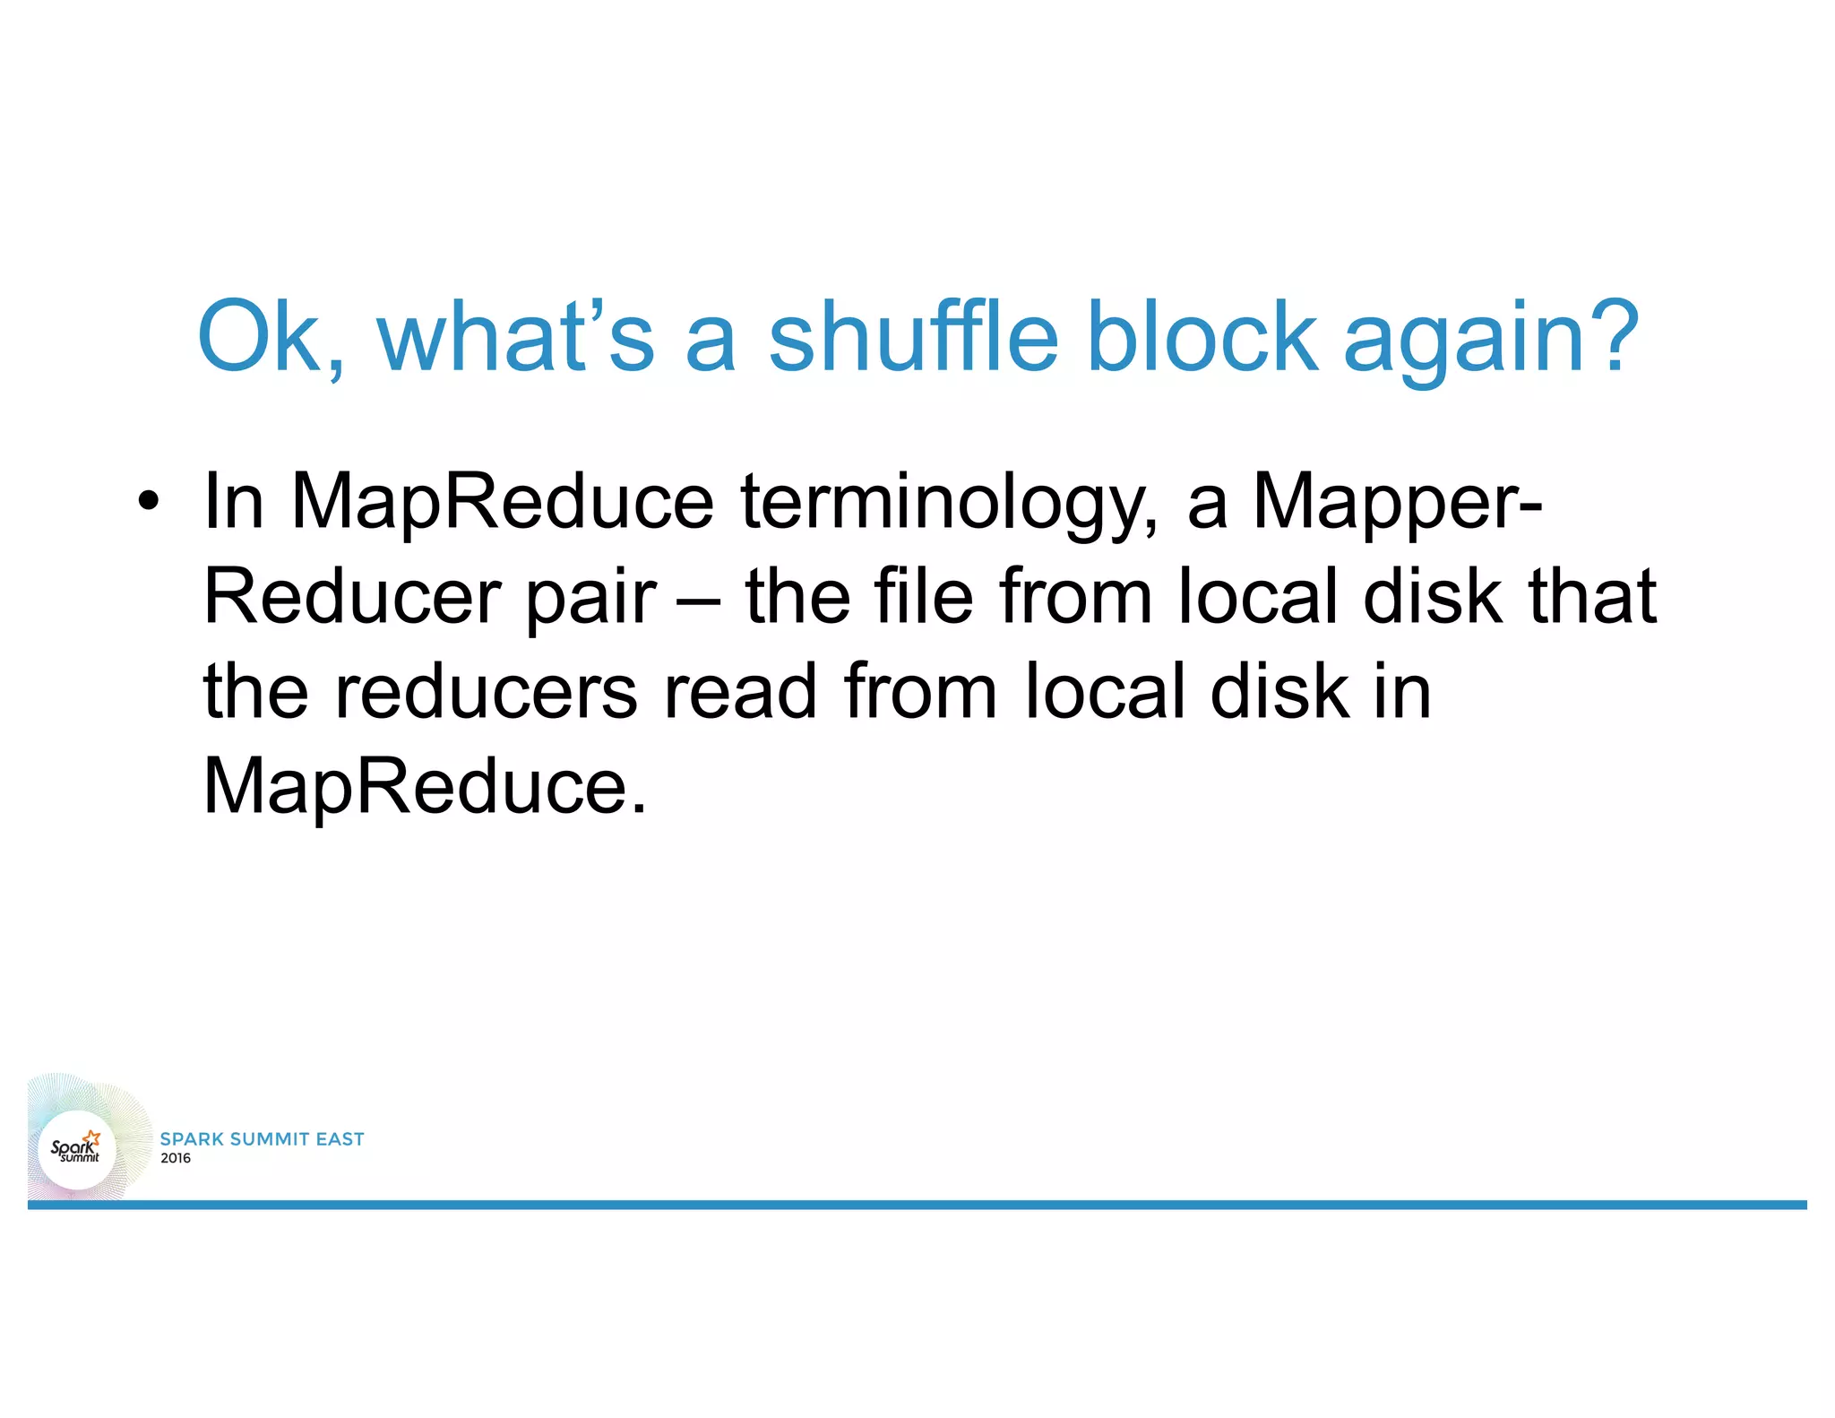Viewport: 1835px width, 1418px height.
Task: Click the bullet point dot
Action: pyautogui.click(x=149, y=501)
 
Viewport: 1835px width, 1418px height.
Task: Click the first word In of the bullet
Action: pyautogui.click(x=233, y=501)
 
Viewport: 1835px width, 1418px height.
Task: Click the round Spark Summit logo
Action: pyautogui.click(x=77, y=1149)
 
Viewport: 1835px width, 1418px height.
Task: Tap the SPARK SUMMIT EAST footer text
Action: pyautogui.click(x=262, y=1138)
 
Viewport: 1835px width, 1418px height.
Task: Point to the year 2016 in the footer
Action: pyautogui.click(x=176, y=1158)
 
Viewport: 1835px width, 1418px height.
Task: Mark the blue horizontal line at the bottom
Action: pyautogui.click(x=917, y=1205)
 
